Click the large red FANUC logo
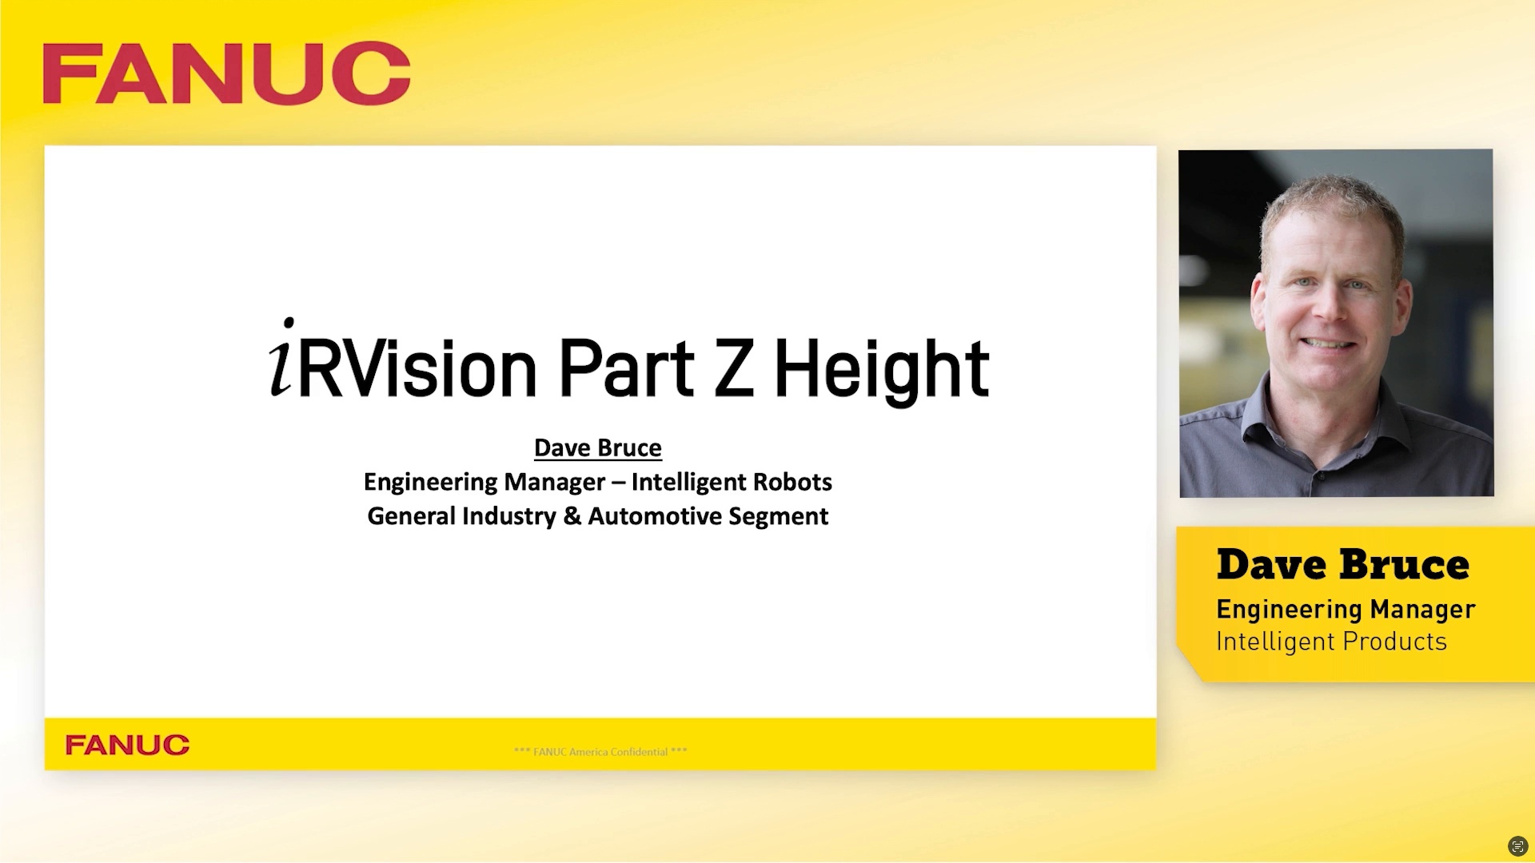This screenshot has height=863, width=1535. click(226, 74)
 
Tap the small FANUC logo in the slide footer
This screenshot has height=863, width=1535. click(127, 745)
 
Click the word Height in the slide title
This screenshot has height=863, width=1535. click(881, 369)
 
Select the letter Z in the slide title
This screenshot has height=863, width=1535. click(733, 369)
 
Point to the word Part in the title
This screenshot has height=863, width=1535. click(626, 369)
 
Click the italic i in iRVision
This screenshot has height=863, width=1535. click(281, 360)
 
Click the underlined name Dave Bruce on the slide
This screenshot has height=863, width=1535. click(597, 447)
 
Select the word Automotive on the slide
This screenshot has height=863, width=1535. click(655, 516)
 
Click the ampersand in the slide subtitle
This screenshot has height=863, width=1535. click(572, 516)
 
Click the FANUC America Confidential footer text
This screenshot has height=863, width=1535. click(600, 752)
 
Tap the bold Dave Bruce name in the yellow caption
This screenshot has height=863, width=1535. click(1342, 565)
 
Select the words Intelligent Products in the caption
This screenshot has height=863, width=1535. click(1331, 642)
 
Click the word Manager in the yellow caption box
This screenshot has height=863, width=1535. click(1422, 609)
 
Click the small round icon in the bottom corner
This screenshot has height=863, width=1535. click(1517, 846)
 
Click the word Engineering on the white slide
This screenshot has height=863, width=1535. click(430, 482)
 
